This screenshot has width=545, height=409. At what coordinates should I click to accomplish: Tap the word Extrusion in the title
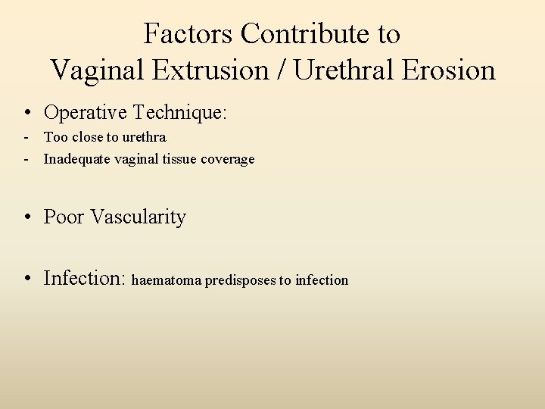[x=217, y=70]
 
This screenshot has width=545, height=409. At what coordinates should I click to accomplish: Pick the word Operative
[x=86, y=113]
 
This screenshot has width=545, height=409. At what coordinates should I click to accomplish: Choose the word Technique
[x=179, y=113]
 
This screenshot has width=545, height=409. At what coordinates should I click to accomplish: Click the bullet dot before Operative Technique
[x=26, y=114]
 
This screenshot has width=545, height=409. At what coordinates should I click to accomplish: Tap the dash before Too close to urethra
[x=26, y=138]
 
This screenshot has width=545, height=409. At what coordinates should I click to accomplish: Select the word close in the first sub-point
[x=89, y=137]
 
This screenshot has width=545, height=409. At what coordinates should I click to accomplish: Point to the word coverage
[x=229, y=160]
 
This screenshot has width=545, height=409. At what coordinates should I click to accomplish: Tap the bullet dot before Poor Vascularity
[x=26, y=217]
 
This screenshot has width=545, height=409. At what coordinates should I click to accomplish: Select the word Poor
[x=64, y=217]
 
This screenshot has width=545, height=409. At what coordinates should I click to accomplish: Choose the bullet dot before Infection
[x=26, y=279]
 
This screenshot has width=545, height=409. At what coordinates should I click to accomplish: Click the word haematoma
[x=167, y=280]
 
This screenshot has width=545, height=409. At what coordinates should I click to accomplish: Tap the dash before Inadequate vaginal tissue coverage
[x=26, y=160]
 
